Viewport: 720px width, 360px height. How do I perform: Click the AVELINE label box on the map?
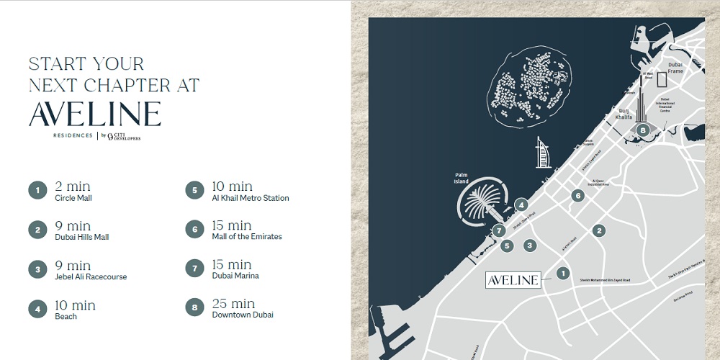click(x=513, y=280)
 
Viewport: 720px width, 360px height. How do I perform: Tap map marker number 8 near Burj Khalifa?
click(x=643, y=130)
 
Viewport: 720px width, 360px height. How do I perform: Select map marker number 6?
click(x=577, y=195)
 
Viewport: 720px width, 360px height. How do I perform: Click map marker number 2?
click(x=598, y=230)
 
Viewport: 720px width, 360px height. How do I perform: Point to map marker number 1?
click(x=563, y=273)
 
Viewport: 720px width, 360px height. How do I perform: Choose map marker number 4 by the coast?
click(x=521, y=205)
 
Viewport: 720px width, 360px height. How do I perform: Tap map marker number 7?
click(x=498, y=231)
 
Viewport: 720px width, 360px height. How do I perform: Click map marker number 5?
click(x=507, y=246)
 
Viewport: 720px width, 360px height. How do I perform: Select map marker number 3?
click(x=531, y=246)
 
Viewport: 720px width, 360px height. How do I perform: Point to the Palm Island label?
click(x=462, y=179)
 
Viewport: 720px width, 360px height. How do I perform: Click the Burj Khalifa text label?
click(x=625, y=114)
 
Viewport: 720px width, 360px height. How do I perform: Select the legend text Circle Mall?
click(x=73, y=198)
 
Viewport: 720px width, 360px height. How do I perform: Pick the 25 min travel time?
click(x=233, y=303)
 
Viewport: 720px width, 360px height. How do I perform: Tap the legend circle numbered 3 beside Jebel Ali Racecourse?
click(x=37, y=270)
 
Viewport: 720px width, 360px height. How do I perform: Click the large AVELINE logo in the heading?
click(x=94, y=114)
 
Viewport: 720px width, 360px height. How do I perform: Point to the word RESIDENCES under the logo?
click(x=73, y=135)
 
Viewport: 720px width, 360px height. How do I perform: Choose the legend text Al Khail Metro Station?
click(x=251, y=198)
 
